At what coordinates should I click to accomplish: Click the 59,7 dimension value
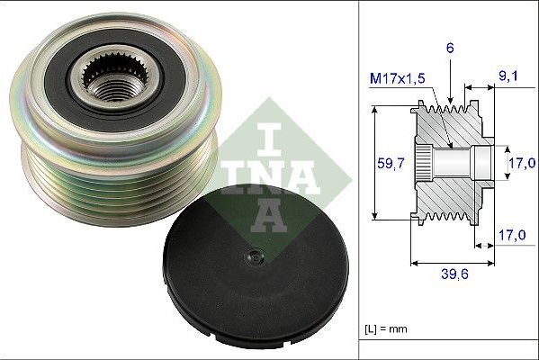(386, 164)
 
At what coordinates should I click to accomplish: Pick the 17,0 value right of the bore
(517, 164)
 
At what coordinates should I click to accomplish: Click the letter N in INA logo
(268, 177)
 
